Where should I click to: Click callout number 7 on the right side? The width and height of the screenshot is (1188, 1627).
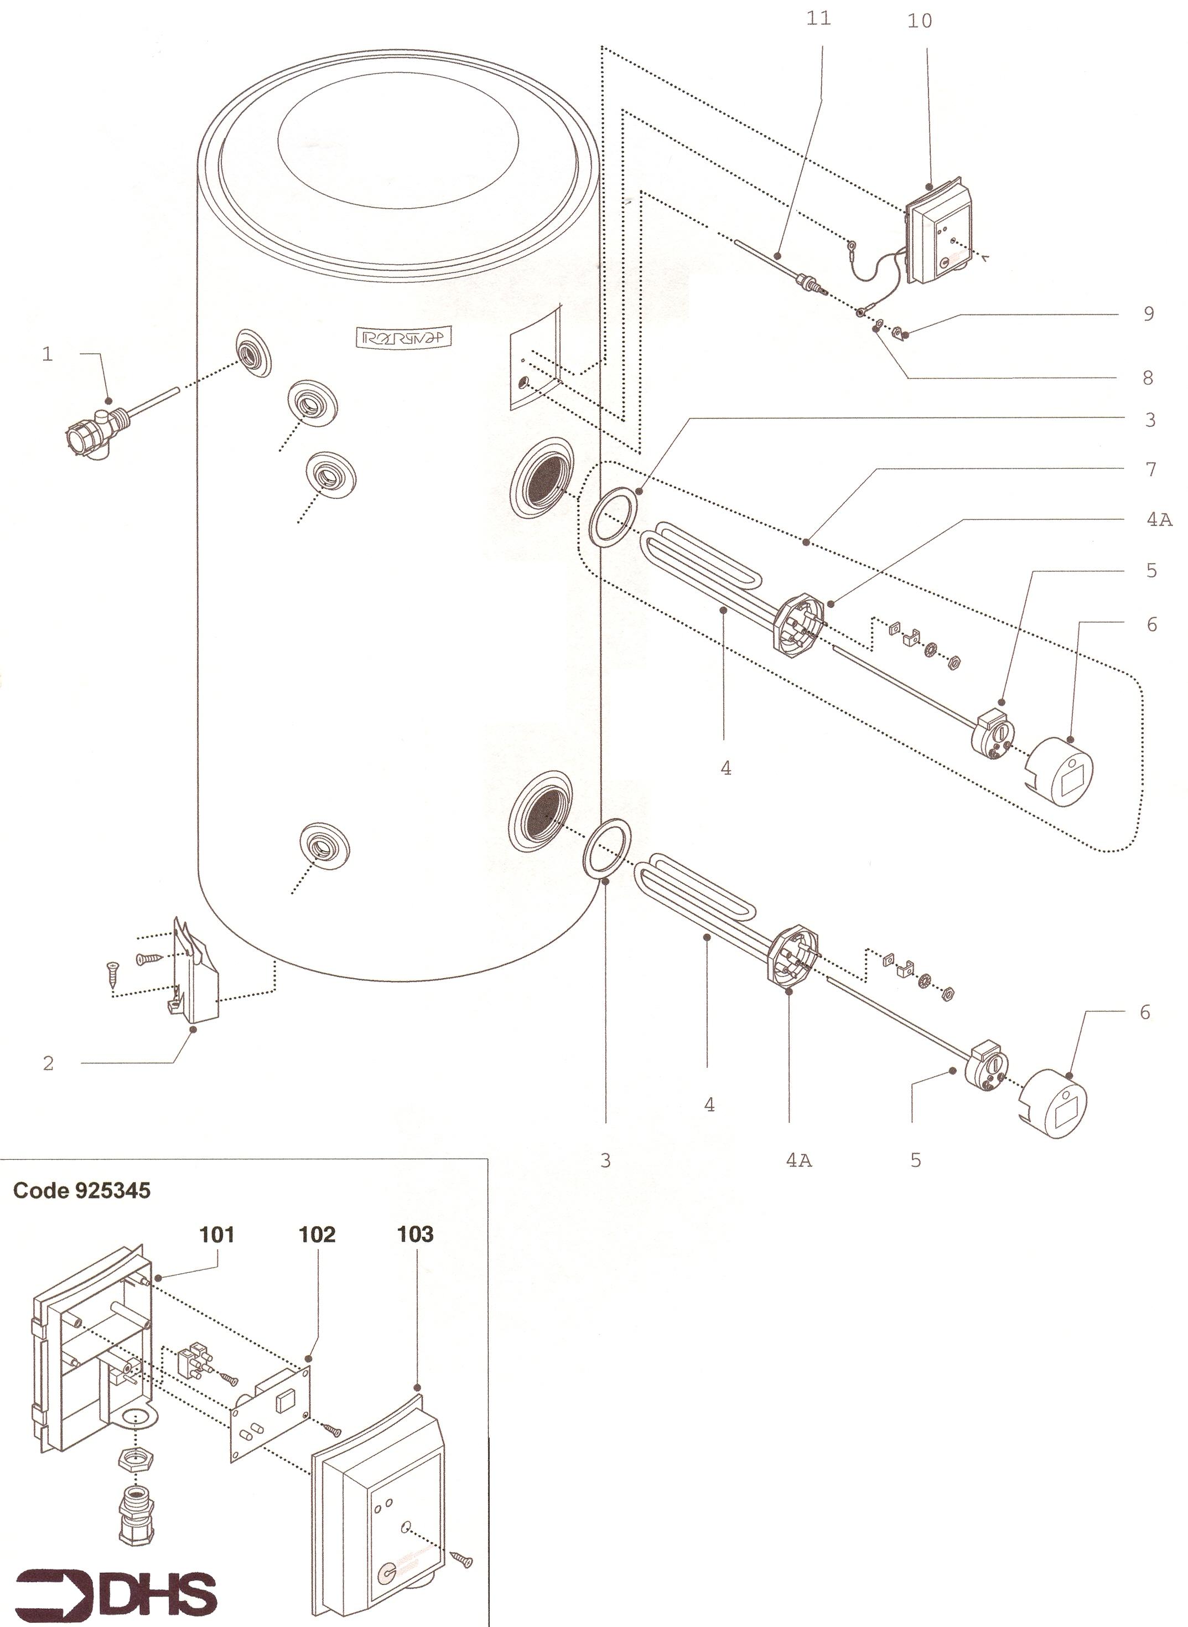pyautogui.click(x=1150, y=469)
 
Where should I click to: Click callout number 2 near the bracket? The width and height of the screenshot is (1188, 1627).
pyautogui.click(x=48, y=1063)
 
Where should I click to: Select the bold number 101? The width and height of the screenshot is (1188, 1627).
pyautogui.click(x=216, y=1235)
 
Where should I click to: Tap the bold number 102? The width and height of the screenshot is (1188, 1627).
pyautogui.click(x=317, y=1235)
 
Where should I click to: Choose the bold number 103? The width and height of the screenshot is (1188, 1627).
pyautogui.click(x=415, y=1235)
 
